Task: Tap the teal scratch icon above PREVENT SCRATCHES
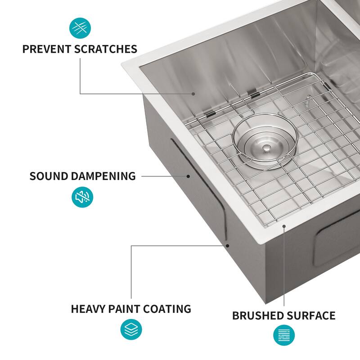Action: (80, 28)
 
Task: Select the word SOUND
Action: (49, 176)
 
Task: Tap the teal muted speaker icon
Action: (83, 197)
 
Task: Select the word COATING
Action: (167, 309)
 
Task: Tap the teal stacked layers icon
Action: (131, 329)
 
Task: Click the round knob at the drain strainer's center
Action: (266, 147)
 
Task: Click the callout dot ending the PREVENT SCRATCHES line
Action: (193, 94)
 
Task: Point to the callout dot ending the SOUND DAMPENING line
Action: (188, 176)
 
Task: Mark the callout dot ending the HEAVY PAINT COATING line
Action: (228, 246)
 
